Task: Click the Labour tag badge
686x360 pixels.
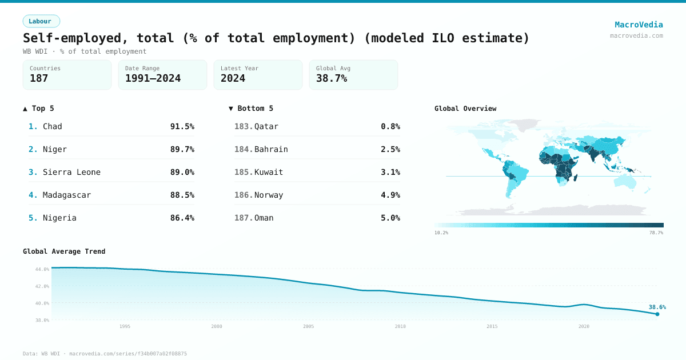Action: point(41,21)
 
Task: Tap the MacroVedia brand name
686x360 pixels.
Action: point(639,25)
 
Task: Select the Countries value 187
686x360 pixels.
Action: point(39,78)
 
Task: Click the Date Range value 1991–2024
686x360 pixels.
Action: point(153,78)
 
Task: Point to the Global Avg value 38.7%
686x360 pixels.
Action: point(332,78)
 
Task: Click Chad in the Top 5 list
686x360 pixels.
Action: point(53,126)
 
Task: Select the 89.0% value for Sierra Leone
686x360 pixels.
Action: point(182,172)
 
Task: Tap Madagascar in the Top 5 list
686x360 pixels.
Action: point(66,195)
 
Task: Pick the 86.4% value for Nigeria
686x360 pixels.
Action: point(182,218)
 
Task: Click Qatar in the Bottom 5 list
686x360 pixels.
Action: point(266,126)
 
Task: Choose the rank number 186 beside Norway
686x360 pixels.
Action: point(243,195)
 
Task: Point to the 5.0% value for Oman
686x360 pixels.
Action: point(390,218)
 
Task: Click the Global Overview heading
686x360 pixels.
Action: point(465,109)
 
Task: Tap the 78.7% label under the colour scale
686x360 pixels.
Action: point(656,233)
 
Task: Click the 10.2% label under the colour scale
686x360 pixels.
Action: point(441,233)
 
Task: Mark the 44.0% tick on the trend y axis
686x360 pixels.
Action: point(42,269)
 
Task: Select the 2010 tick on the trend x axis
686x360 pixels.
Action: point(400,326)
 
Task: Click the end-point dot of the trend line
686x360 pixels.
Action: point(657,314)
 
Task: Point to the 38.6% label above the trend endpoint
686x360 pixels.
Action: point(657,307)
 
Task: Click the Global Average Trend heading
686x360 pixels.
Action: point(64,251)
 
